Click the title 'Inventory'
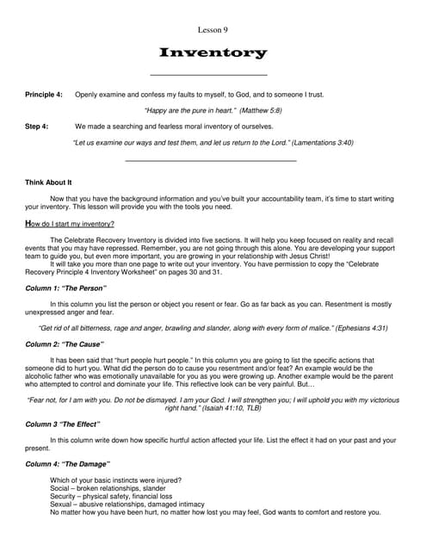pyautogui.click(x=213, y=53)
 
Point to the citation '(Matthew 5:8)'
pyautogui.click(x=258, y=110)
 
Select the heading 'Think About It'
pyautogui.click(x=48, y=183)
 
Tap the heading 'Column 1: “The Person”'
pyautogui.click(x=65, y=288)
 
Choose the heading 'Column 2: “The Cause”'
pyautogui.click(x=65, y=344)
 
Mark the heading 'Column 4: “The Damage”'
pyautogui.click(x=67, y=463)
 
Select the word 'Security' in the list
pyautogui.click(x=64, y=496)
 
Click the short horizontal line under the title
pyautogui.click(x=208, y=76)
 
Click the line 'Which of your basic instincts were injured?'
pyautogui.click(x=115, y=480)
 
